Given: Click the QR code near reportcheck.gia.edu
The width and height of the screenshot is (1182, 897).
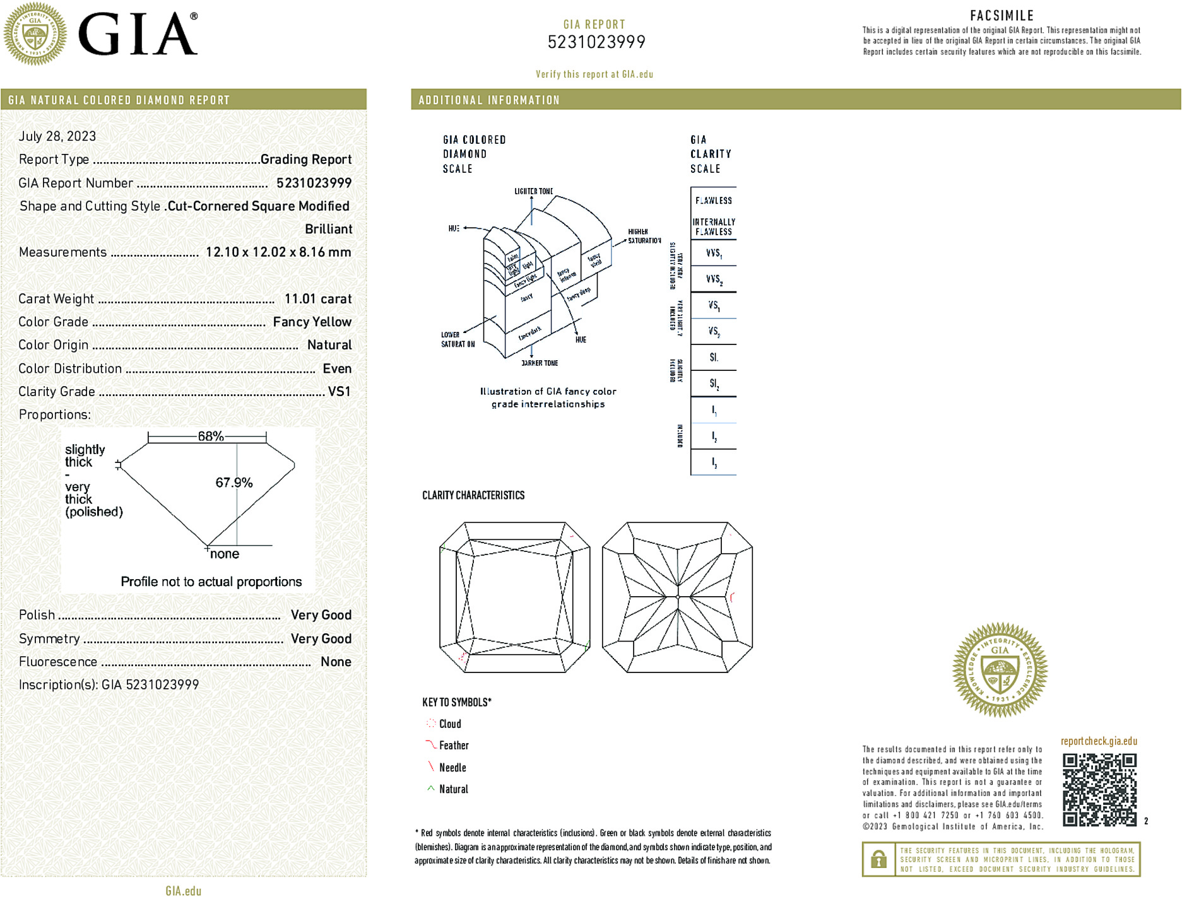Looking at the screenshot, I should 1099,790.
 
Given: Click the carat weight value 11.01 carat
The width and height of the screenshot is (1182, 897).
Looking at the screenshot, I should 317,299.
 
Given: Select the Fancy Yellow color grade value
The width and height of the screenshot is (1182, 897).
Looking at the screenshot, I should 312,322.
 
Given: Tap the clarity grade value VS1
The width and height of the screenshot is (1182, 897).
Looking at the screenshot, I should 339,392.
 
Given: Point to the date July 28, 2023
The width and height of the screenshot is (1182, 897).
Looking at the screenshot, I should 57,136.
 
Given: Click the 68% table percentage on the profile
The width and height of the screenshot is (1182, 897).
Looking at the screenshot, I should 211,437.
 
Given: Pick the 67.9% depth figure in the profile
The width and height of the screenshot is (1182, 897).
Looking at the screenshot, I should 233,483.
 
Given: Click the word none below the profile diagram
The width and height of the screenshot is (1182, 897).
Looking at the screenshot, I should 225,554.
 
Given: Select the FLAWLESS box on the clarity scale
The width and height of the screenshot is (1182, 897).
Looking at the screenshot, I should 714,201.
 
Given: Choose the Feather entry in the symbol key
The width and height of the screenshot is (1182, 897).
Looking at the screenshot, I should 454,746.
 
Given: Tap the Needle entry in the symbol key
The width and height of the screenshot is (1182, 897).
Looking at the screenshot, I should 452,768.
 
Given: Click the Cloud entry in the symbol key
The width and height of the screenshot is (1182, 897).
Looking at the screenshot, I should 450,724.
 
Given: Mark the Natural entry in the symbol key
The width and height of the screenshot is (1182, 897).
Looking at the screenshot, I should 453,789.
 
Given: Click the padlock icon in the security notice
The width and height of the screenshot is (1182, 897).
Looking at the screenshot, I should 878,859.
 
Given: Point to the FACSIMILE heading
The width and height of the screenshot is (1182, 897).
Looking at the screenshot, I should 1002,16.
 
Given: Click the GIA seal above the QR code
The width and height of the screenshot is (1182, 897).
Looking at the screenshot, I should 1000,670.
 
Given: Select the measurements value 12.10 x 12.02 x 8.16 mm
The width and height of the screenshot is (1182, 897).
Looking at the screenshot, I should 278,252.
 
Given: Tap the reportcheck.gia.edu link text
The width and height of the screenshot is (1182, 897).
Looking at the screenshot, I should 1099,741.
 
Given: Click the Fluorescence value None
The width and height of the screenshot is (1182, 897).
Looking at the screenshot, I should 336,662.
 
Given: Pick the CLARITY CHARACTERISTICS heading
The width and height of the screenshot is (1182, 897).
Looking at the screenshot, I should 473,496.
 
